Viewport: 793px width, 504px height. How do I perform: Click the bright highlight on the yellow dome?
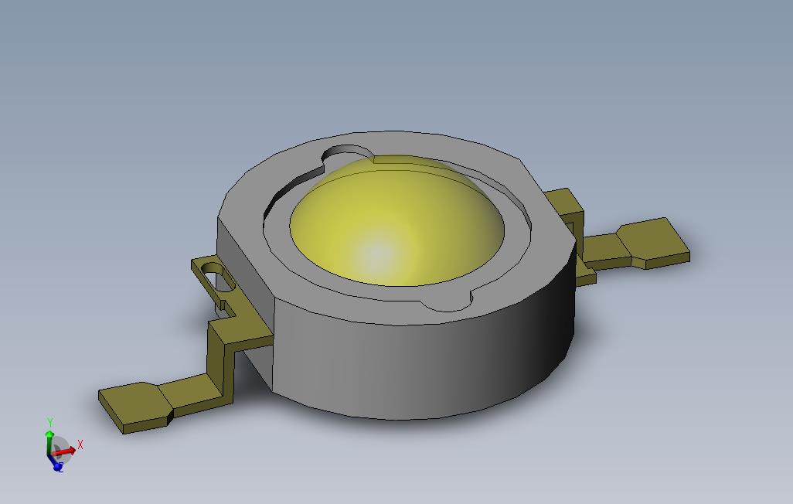click(376, 253)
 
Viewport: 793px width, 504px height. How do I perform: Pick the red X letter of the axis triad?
click(80, 444)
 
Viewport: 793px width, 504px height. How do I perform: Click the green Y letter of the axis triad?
click(49, 423)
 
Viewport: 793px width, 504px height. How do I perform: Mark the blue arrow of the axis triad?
click(54, 462)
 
